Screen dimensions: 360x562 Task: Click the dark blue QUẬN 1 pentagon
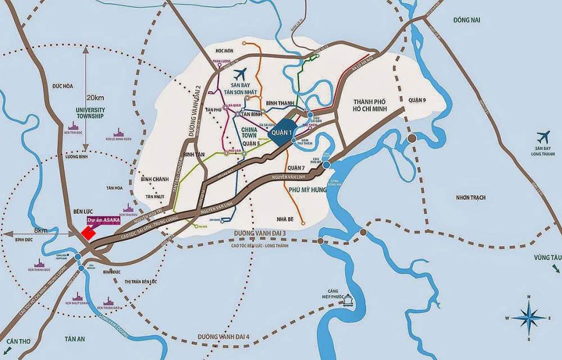tap(282, 131)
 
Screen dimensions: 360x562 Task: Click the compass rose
tap(528, 318)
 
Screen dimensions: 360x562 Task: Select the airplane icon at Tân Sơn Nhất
tap(239, 74)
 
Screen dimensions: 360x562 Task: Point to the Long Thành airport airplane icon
tap(543, 137)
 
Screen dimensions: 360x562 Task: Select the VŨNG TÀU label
tap(547, 256)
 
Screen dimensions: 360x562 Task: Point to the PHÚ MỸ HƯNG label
tap(307, 191)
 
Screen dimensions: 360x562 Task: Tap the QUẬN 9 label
tap(418, 100)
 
